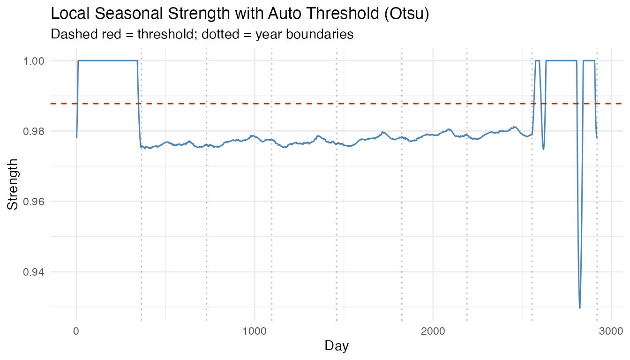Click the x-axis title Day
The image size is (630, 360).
coord(337,346)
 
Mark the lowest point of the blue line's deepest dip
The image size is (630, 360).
coord(580,308)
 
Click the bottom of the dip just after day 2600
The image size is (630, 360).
coord(543,149)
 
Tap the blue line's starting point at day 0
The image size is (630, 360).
coord(76,137)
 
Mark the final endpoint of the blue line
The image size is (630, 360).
coord(597,138)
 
